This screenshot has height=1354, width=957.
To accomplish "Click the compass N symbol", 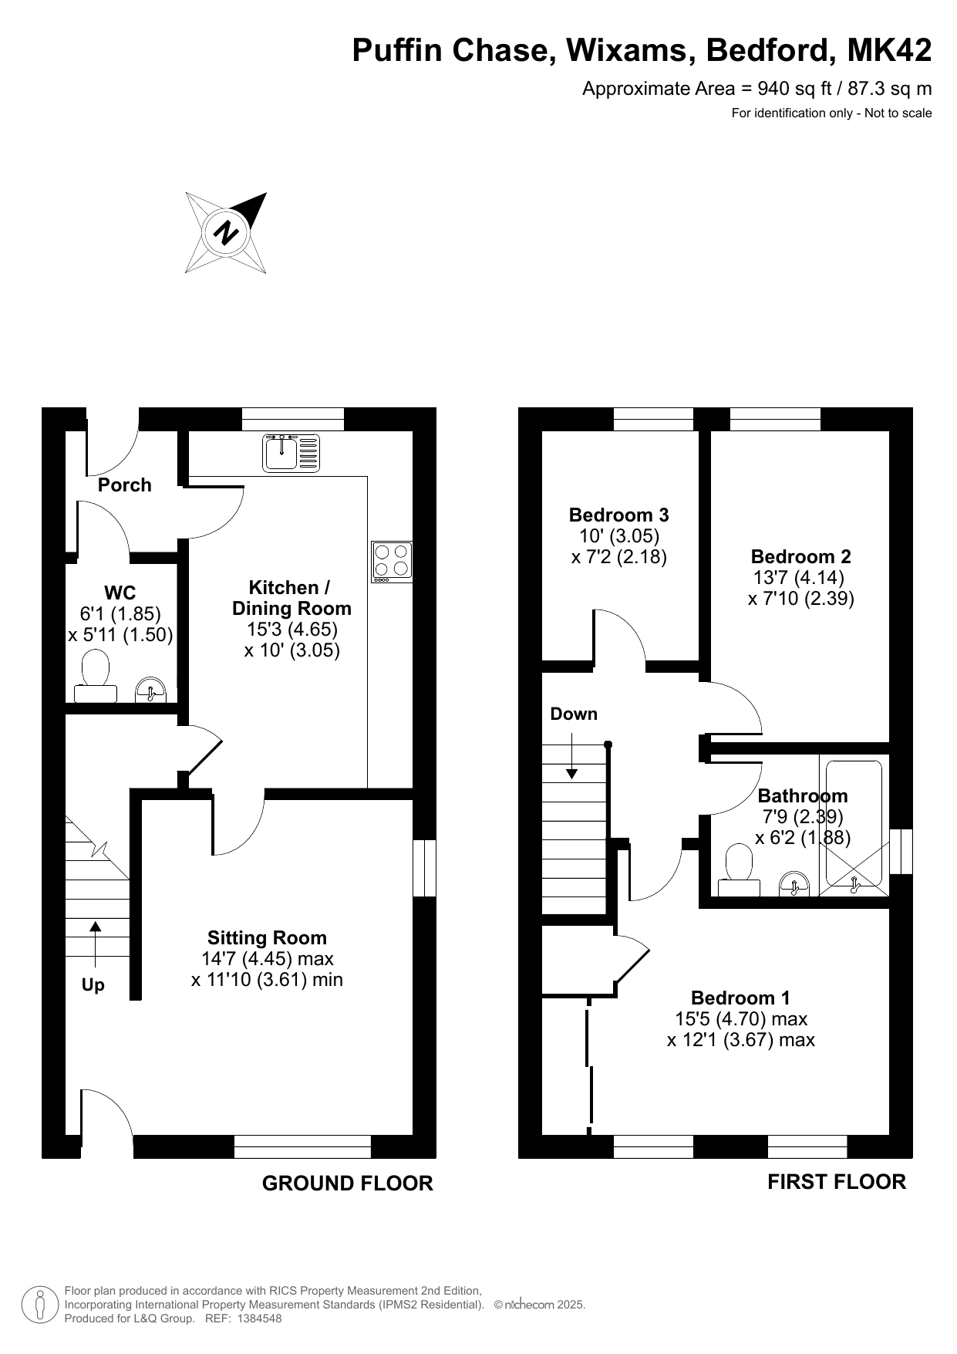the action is point(227,232).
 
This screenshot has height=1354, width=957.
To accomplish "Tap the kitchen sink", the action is point(291,453).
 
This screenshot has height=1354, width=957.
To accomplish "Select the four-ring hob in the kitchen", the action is point(392,562).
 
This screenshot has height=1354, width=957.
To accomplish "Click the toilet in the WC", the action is point(96,677).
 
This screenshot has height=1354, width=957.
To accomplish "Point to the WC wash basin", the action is point(151,691).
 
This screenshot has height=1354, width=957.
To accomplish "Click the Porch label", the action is point(125,485).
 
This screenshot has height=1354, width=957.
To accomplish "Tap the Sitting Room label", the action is point(267,938).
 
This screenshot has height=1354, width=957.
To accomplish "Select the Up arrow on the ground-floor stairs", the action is point(96,944).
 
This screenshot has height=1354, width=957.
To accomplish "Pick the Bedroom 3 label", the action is point(618,515).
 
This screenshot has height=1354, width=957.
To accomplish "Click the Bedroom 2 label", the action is point(800,556).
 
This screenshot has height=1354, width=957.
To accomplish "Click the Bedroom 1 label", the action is point(740,998).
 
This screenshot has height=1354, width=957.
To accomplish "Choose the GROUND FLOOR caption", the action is point(348,1183).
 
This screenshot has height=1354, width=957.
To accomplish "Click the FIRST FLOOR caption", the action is point(837,1182).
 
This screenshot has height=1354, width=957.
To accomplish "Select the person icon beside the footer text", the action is point(40,1305).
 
